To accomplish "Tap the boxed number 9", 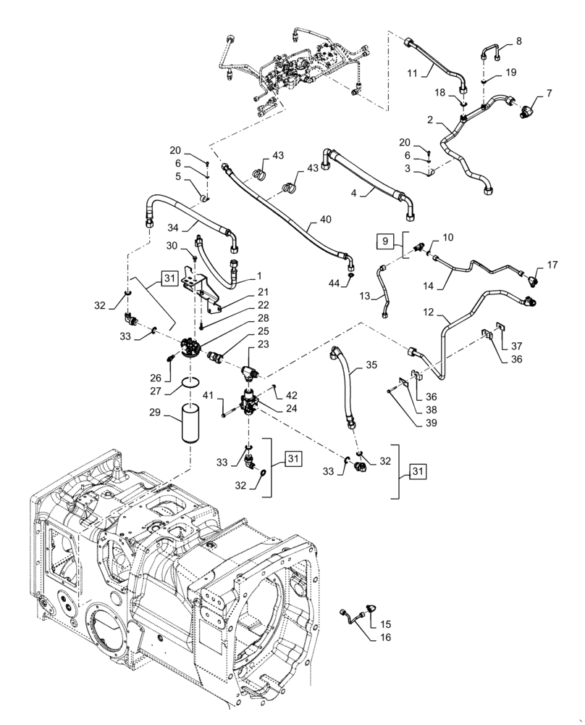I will point(384,239).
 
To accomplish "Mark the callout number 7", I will point(549,94).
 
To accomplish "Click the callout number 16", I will point(384,637).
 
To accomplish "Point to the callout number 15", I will point(385,623).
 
